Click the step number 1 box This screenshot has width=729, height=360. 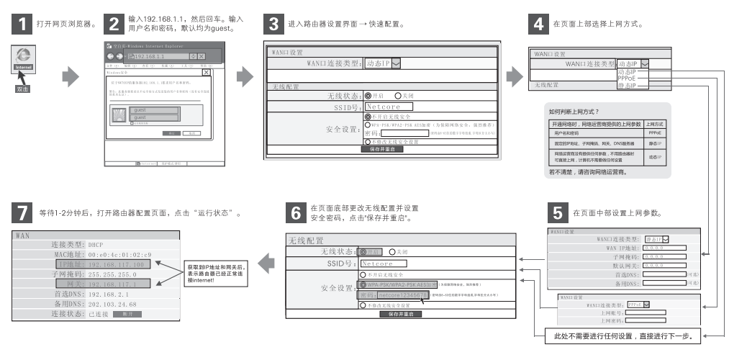pyautogui.click(x=22, y=24)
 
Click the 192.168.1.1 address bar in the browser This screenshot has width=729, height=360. pyautogui.click(x=155, y=55)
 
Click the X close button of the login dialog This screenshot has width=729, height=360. pyautogui.click(x=207, y=73)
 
